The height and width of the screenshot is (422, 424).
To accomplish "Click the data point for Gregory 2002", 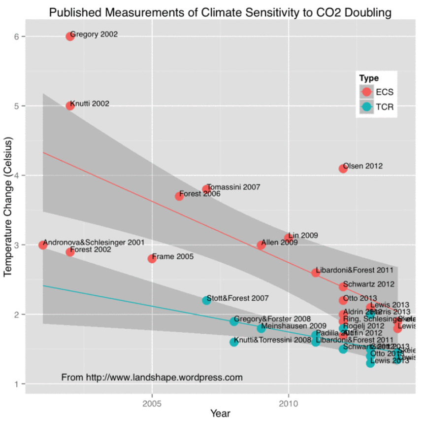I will [70, 36].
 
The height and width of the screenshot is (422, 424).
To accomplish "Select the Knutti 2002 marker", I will [70, 105].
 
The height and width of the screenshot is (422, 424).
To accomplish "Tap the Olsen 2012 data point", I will [343, 168].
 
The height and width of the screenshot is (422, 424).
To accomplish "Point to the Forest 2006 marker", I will [179, 196].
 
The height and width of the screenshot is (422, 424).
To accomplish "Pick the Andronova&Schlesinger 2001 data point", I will [43, 245].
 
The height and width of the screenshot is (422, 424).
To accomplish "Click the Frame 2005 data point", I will [152, 258].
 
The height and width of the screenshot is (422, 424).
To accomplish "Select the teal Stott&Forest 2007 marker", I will [206, 300].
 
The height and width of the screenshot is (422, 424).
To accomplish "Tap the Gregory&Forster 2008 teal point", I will [234, 321].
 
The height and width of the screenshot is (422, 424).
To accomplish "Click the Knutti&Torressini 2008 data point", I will [234, 342].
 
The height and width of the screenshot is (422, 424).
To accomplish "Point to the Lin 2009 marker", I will [289, 238].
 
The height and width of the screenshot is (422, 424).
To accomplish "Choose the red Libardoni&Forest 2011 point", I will [316, 272].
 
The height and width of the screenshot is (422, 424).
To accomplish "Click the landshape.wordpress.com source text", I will [152, 378].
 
